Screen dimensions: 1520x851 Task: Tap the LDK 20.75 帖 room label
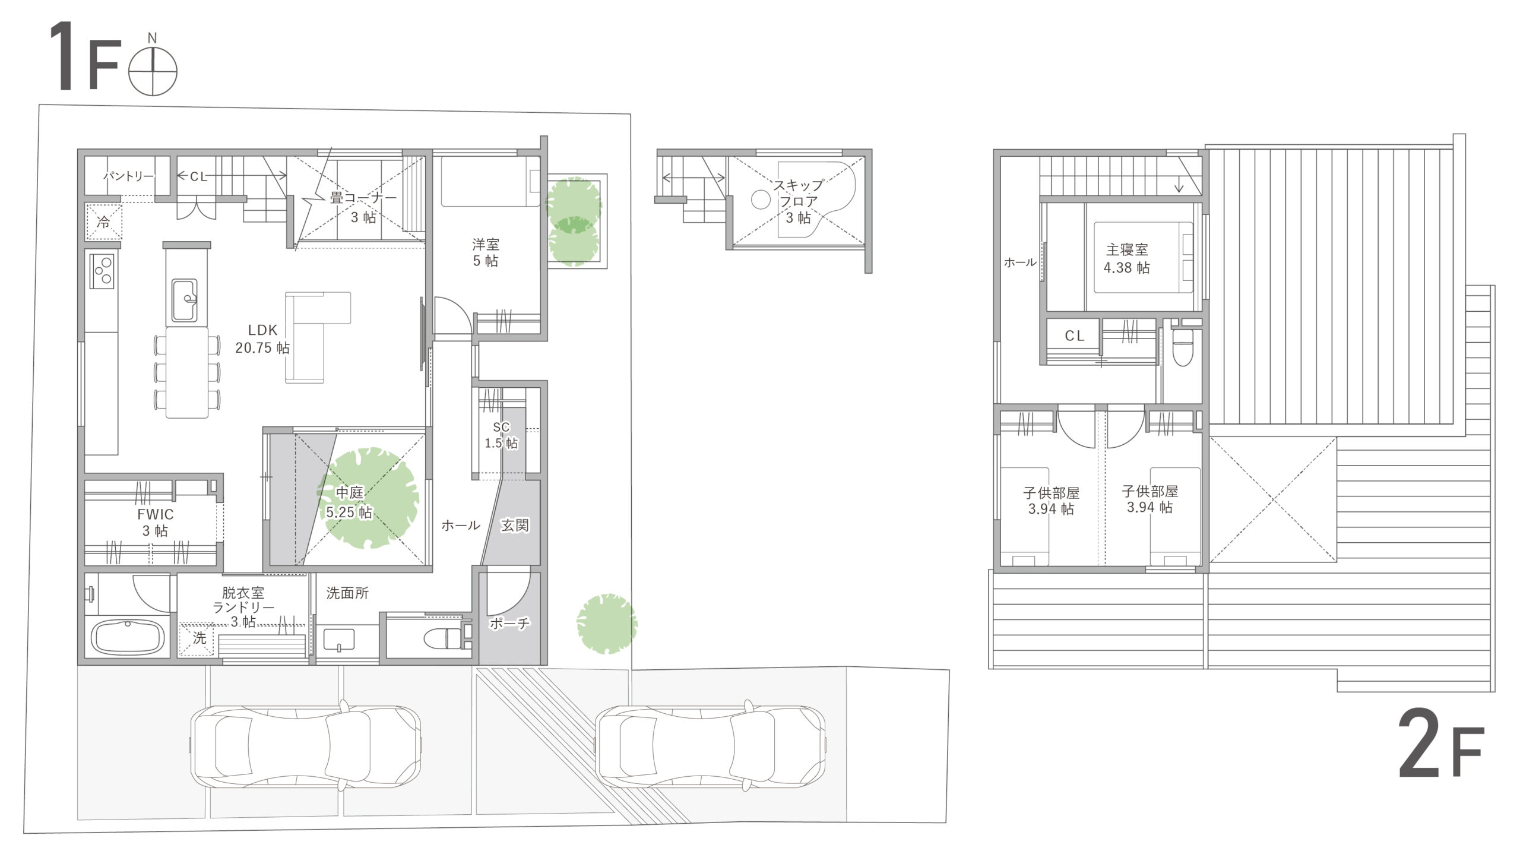tap(262, 339)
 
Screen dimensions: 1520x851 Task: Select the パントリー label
tap(129, 176)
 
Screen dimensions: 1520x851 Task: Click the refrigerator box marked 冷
tap(104, 222)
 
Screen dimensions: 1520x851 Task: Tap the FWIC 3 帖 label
tap(155, 523)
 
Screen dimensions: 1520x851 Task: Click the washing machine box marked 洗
tap(198, 638)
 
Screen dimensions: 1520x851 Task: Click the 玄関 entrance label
tap(515, 526)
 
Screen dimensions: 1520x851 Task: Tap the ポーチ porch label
tap(509, 623)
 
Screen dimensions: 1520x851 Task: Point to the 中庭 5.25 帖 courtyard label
tap(349, 502)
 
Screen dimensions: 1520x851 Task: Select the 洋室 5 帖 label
tap(486, 252)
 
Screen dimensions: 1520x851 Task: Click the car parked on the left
tap(305, 747)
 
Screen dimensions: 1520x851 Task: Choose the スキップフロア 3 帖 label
tap(799, 201)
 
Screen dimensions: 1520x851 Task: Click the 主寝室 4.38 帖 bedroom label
tap(1127, 258)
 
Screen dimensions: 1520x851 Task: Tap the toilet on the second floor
tap(1183, 349)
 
